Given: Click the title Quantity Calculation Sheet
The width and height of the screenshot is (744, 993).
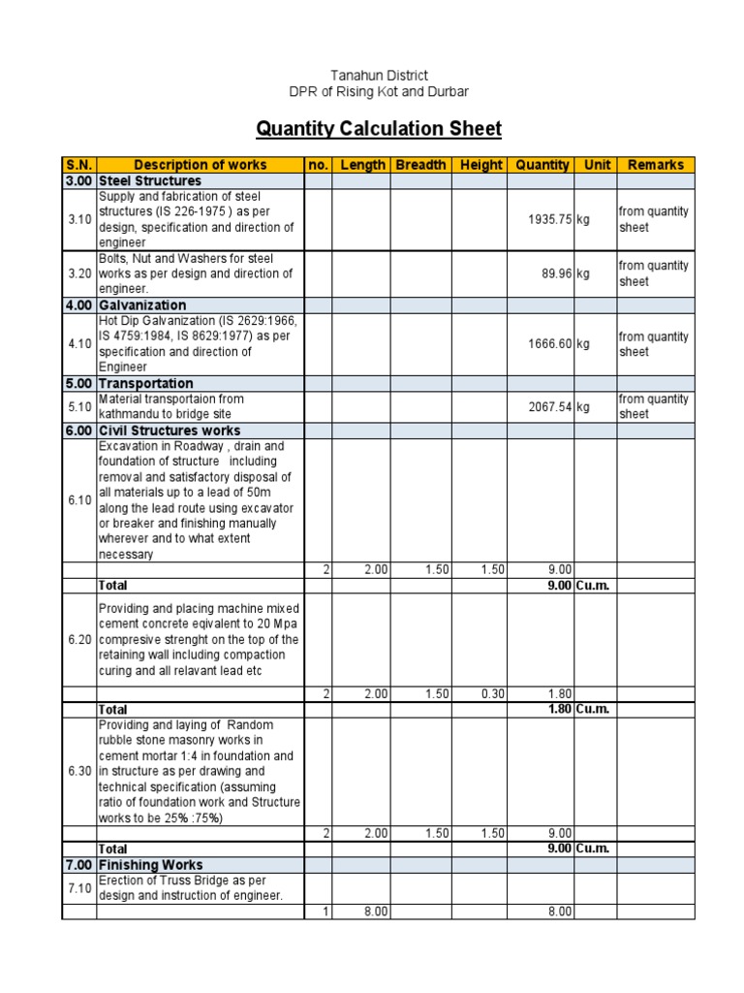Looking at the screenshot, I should [x=379, y=129].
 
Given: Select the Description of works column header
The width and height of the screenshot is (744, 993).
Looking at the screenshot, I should [x=201, y=165].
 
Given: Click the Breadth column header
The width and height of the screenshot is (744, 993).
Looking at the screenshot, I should [x=420, y=165].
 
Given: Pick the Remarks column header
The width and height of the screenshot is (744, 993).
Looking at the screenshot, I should [x=656, y=165].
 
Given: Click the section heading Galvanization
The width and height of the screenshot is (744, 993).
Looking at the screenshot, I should [x=142, y=305].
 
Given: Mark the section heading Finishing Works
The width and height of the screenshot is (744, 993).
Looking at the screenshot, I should [x=150, y=865].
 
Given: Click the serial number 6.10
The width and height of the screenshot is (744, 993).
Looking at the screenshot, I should [x=79, y=500].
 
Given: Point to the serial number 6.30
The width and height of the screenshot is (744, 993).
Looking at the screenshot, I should [x=79, y=772].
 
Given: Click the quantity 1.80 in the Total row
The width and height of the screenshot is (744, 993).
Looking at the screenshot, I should [x=560, y=710].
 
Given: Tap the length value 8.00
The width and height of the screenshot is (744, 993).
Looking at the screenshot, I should [x=376, y=912].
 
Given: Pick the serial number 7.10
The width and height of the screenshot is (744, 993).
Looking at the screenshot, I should [x=79, y=888].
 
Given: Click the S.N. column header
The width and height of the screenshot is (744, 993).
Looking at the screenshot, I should [x=78, y=165].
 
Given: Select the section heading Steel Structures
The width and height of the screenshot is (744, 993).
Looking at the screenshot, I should [x=150, y=181].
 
